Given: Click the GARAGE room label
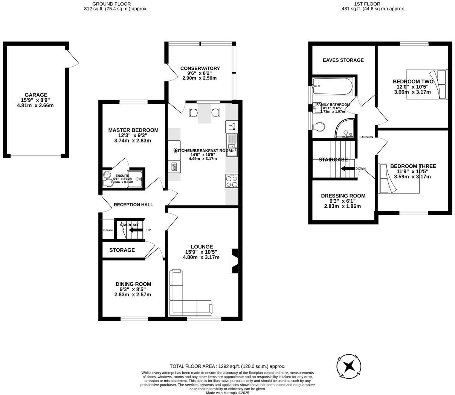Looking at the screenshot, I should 36,95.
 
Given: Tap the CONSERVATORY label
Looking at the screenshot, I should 200,68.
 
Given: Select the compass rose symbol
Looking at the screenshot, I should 349,366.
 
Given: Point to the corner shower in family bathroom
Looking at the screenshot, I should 345,129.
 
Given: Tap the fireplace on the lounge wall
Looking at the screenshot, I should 235,260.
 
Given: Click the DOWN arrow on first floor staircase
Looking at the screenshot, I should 348,168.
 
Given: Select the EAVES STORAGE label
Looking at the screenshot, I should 343,60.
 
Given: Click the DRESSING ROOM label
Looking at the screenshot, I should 343,196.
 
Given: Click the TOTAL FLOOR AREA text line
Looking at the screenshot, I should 227,366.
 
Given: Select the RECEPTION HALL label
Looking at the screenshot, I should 133,205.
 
